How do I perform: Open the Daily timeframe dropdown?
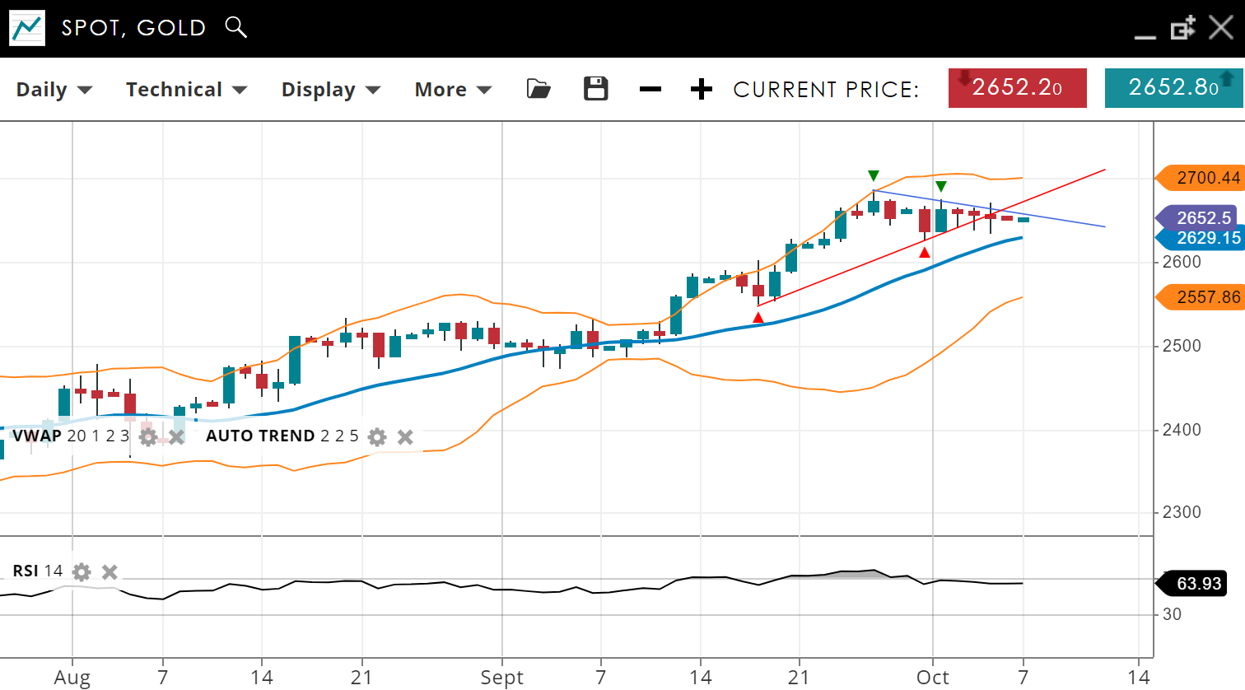pos(54,90)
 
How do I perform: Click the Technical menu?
pos(186,90)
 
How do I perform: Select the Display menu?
pos(330,90)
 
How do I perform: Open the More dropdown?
pos(452,90)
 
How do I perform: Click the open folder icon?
pos(539,89)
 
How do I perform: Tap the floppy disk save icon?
pos(595,89)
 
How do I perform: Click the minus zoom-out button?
pos(650,89)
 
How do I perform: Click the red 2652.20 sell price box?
pos(1017,88)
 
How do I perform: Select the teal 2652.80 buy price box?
pos(1173,88)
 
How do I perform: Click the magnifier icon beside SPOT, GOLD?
pos(235,27)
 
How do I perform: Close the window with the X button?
pos(1220,28)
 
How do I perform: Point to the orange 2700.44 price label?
pos(1203,178)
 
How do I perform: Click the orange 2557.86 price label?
pos(1203,297)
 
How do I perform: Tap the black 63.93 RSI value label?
pos(1196,584)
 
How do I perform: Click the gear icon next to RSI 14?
pos(82,571)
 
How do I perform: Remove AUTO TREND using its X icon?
pos(405,436)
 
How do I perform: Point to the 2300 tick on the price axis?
pos(1181,512)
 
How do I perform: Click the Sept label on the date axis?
pos(501,678)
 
